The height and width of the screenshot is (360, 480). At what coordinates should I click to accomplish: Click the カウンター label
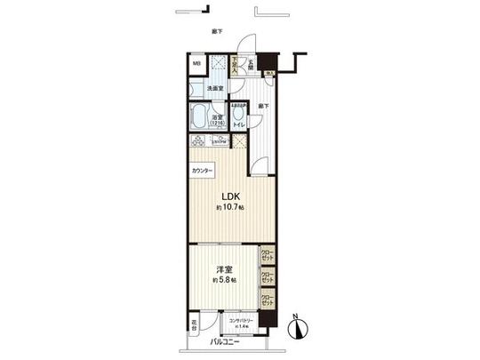(x=202, y=169)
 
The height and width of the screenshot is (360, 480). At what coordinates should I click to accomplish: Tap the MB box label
(x=196, y=64)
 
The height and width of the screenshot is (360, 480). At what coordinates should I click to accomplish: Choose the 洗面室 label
(x=217, y=89)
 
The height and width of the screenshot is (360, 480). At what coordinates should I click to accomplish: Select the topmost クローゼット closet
(x=267, y=255)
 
